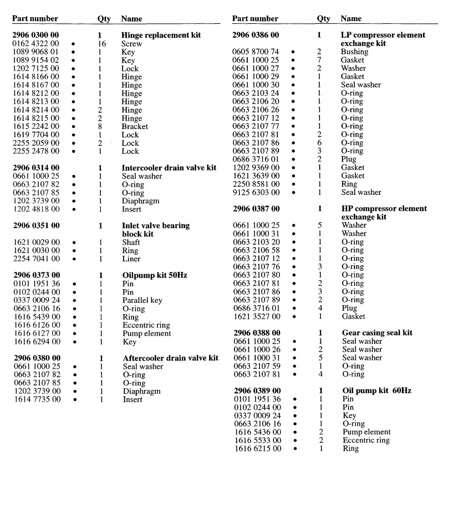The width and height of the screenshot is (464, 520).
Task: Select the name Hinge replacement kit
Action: pyautogui.click(x=161, y=35)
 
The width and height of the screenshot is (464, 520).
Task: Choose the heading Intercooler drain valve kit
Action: pyautogui.click(x=169, y=168)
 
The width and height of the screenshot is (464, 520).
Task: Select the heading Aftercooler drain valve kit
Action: pyautogui.click(x=170, y=358)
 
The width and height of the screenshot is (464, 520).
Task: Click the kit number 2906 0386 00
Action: pyautogui.click(x=256, y=35)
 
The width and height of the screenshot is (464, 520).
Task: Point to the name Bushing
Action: pyautogui.click(x=355, y=52)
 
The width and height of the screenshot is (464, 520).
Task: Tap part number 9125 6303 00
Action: pyautogui.click(x=256, y=192)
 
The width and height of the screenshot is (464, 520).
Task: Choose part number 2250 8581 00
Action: pyautogui.click(x=256, y=184)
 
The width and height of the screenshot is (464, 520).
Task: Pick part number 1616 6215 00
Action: pyautogui.click(x=256, y=449)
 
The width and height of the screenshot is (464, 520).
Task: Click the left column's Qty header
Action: pyautogui.click(x=104, y=19)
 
